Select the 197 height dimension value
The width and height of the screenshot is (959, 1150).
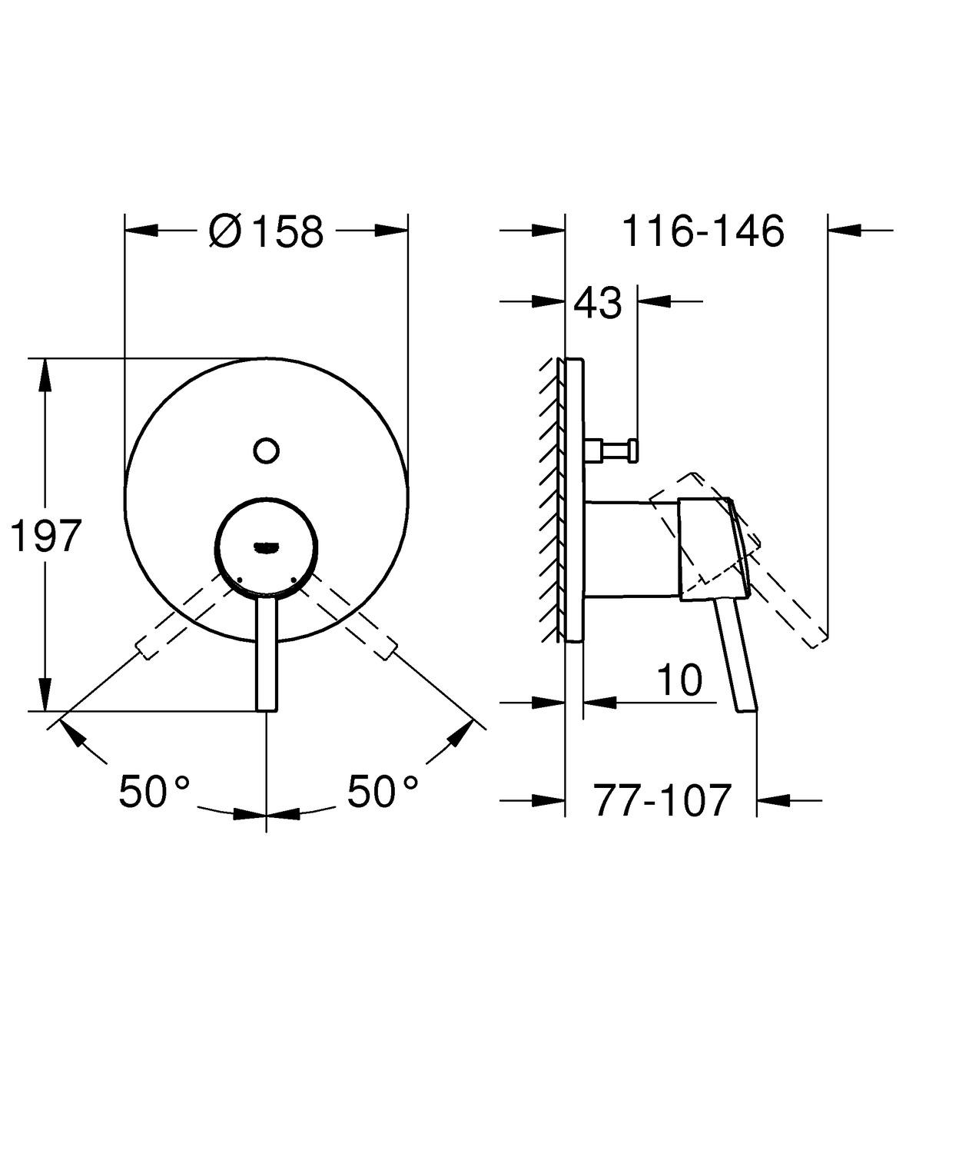tap(45, 536)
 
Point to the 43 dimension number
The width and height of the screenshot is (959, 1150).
tap(598, 303)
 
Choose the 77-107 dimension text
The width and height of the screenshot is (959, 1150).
tap(661, 801)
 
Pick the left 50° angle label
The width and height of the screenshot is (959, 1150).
tap(154, 791)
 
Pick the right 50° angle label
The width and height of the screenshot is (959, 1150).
tap(383, 791)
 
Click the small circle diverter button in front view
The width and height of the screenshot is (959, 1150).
tap(266, 450)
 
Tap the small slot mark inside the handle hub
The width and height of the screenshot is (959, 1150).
tap(266, 547)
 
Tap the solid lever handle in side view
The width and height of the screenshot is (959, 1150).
tap(735, 653)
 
